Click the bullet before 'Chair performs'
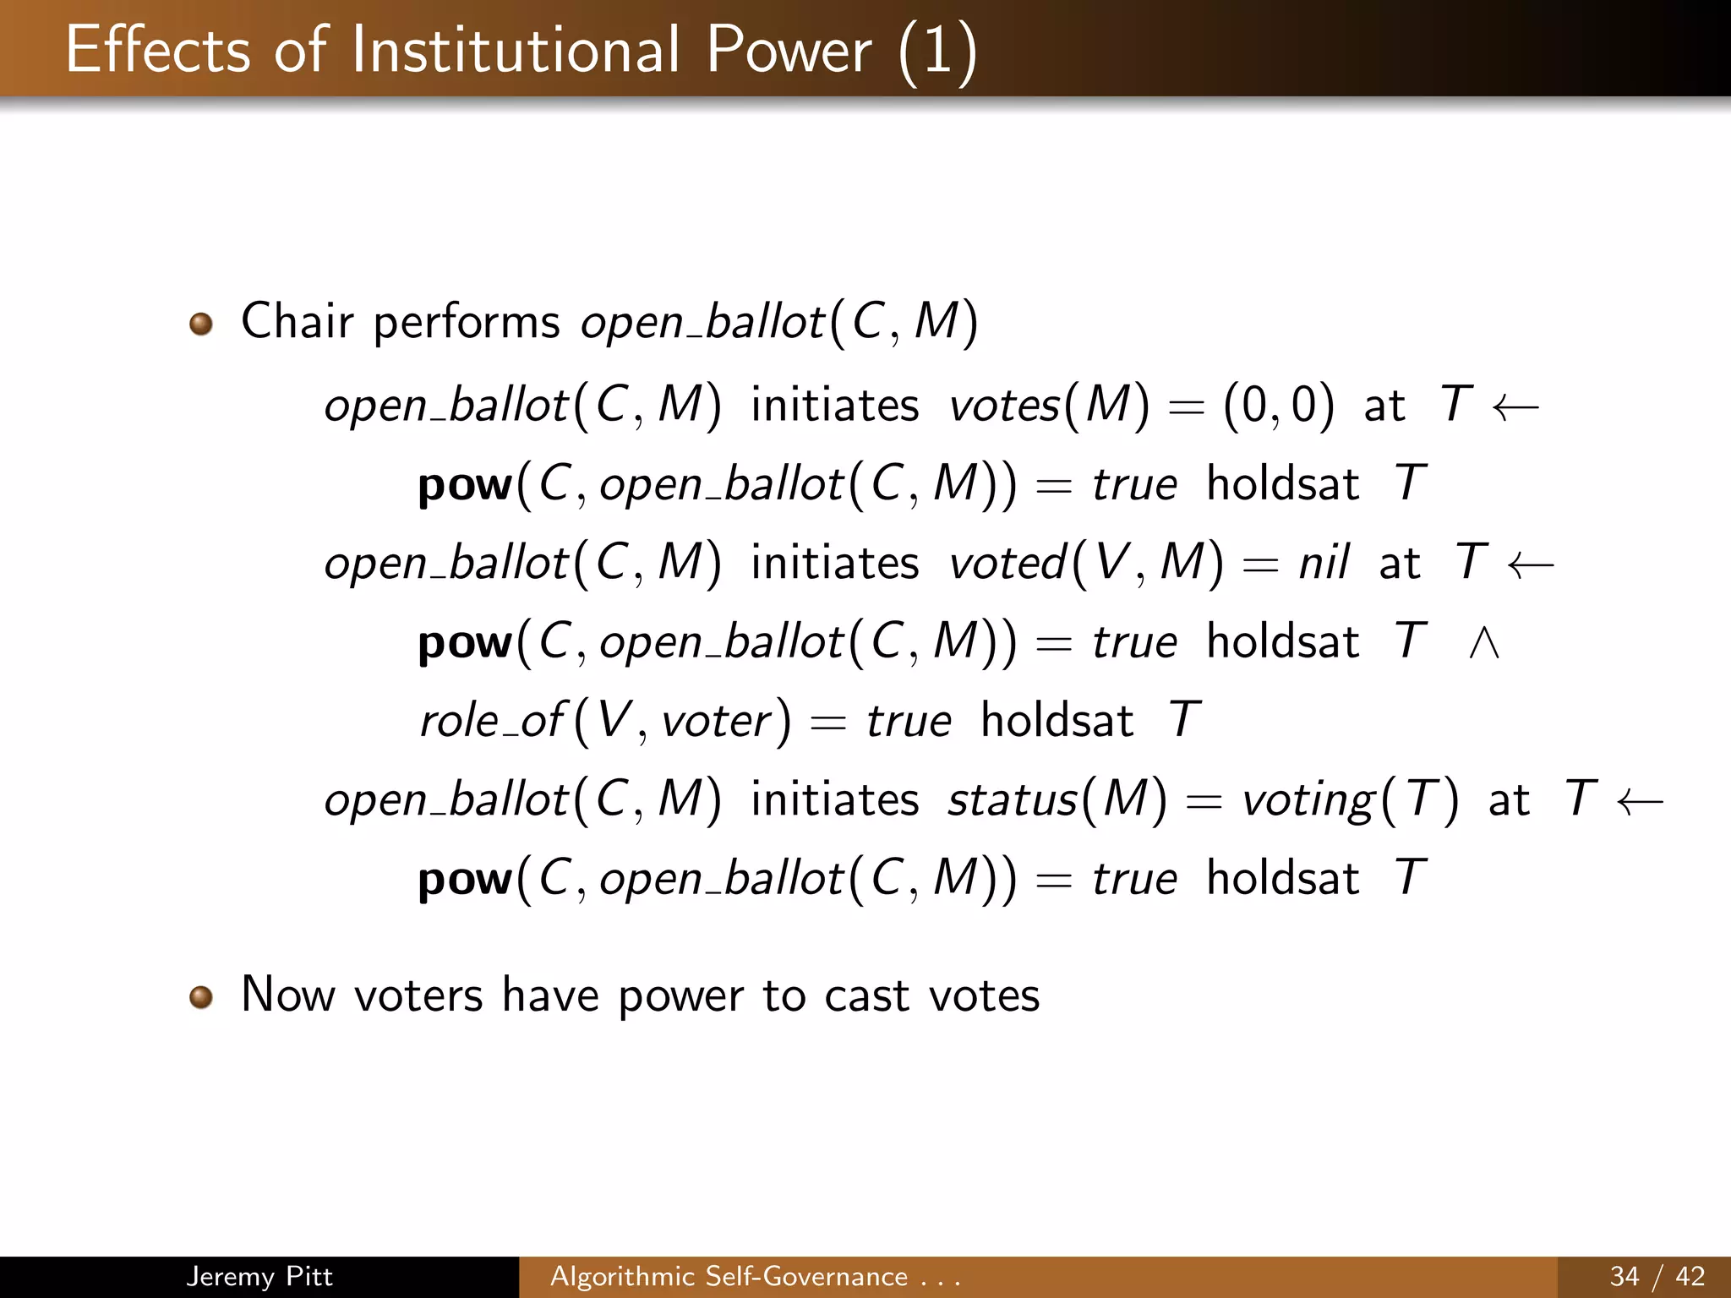(x=201, y=324)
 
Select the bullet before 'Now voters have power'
(x=201, y=997)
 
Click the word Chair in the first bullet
(x=297, y=321)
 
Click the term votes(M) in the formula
(x=1049, y=405)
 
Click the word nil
(x=1324, y=563)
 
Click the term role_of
(x=491, y=721)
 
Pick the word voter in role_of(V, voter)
(x=717, y=722)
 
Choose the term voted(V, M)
(x=1086, y=563)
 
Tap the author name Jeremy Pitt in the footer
(x=259, y=1276)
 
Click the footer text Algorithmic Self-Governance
(x=729, y=1276)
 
